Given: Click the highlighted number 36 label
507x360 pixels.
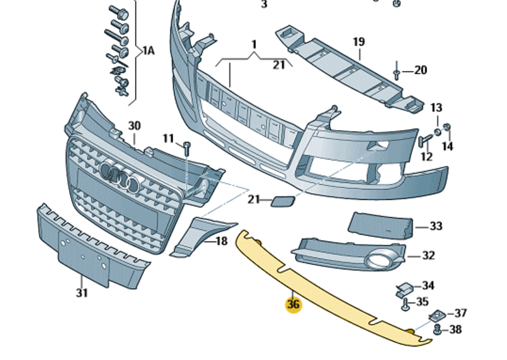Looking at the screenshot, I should tap(293, 305).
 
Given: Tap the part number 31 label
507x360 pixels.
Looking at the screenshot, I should tap(81, 293).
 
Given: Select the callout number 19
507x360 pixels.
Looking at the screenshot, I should tap(359, 42).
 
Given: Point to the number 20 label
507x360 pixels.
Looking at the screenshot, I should tap(421, 70).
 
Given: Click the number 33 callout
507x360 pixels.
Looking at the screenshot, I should tap(436, 226).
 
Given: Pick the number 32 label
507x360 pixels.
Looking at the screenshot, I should tap(428, 256).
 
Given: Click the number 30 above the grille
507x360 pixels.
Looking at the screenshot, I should tap(134, 125).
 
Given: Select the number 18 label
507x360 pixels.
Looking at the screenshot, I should tap(221, 241).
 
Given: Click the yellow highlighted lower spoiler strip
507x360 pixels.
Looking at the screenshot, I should tap(330, 292).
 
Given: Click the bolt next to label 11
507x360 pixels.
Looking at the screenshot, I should tap(187, 148).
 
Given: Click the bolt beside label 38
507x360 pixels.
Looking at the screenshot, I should tap(437, 329).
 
